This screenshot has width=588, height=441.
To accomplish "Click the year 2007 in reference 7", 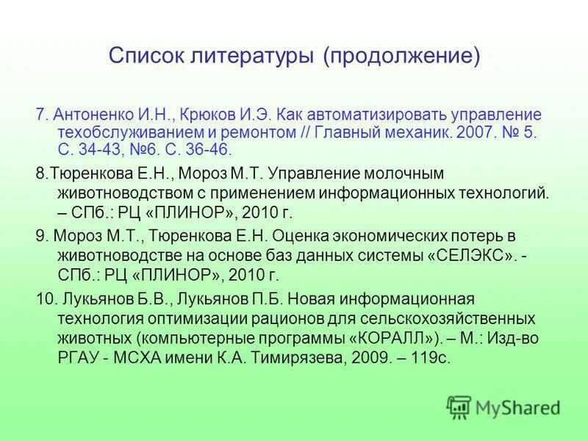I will tap(473, 133).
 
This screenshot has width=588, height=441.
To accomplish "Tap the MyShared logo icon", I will tap(459, 406).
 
